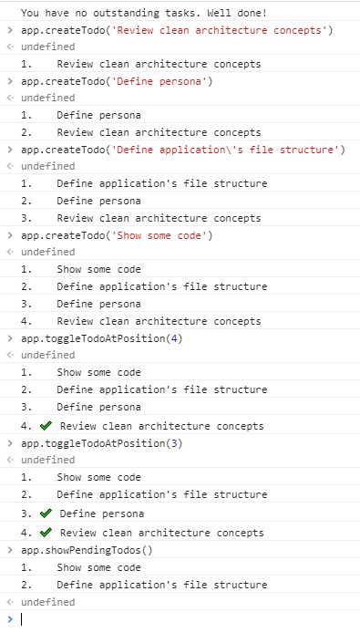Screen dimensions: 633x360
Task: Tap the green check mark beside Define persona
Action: (x=46, y=514)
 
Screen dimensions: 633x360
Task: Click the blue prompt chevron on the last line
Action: (x=9, y=618)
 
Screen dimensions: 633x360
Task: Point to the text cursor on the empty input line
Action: (x=21, y=618)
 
